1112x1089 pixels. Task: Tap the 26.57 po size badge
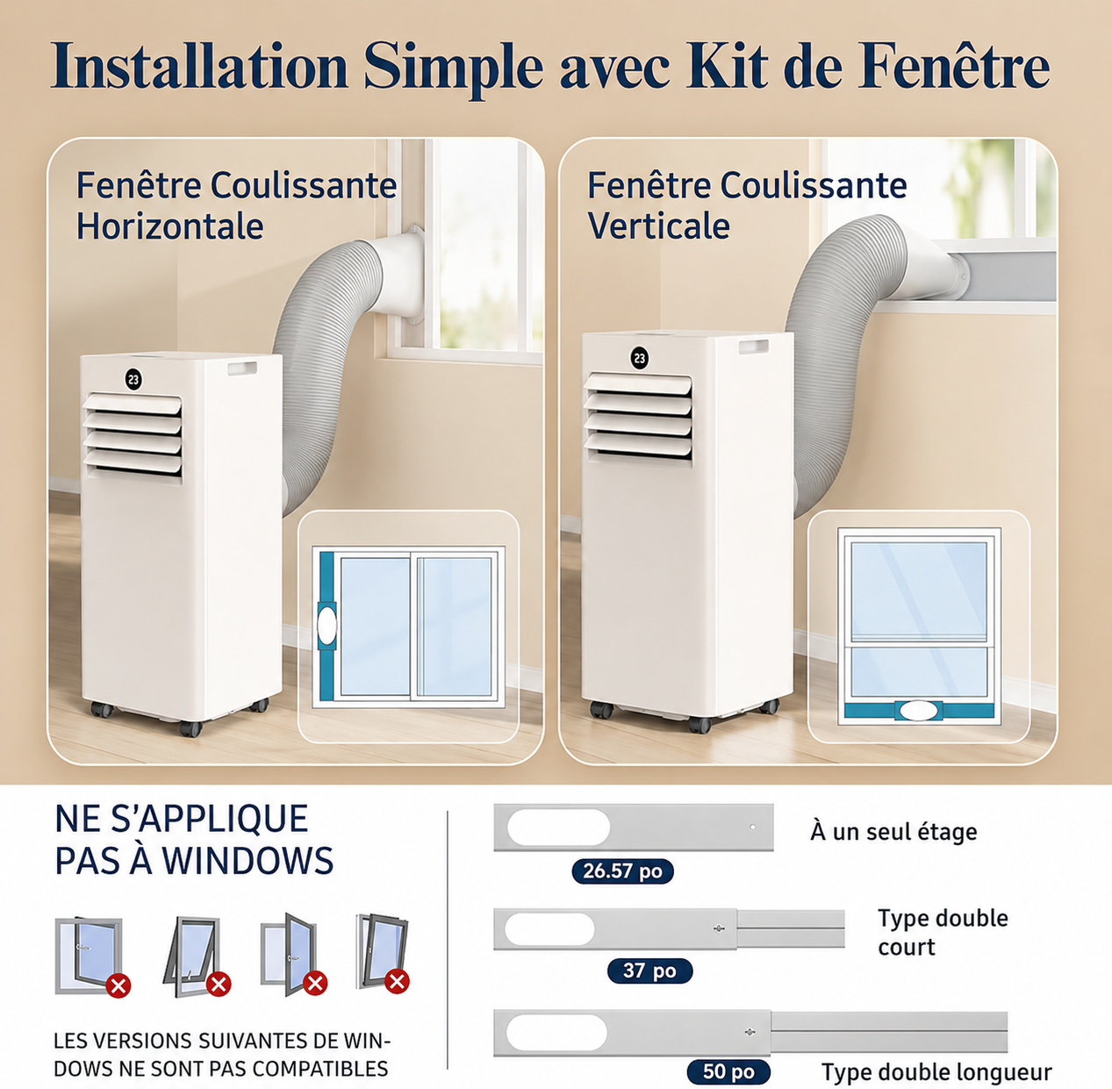622,870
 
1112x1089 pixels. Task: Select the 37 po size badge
649,971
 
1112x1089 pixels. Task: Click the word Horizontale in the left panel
169,226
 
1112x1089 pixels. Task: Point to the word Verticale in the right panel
658,226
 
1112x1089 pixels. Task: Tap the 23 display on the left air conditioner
134,379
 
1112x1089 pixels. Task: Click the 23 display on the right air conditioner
640,358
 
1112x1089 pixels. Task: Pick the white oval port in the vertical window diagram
919,711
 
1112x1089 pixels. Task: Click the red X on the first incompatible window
118,986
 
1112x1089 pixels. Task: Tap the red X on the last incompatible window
397,980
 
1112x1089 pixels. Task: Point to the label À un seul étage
893,832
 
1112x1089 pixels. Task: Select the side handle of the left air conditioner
242,369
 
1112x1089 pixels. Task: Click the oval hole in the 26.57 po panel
558,827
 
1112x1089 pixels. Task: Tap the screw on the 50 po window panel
750,1032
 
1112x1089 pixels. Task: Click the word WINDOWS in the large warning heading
248,861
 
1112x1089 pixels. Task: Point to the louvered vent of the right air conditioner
638,416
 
